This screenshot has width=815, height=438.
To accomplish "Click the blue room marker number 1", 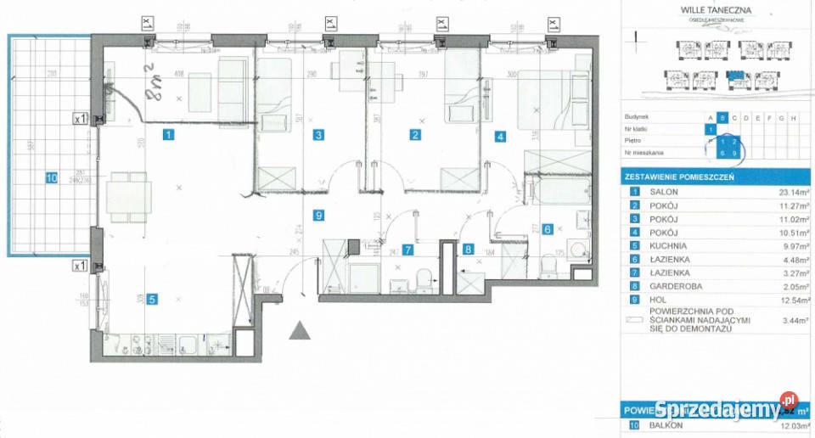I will (x=169, y=134).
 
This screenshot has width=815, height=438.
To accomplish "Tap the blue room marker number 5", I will (x=151, y=298).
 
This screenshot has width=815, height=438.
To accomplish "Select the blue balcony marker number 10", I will (x=51, y=178).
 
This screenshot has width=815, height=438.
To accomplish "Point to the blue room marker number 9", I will (x=318, y=216).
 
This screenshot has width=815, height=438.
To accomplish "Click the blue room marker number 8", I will (x=468, y=249).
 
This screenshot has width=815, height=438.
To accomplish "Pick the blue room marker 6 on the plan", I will (x=548, y=228).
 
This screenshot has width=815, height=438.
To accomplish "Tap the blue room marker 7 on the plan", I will (x=408, y=250).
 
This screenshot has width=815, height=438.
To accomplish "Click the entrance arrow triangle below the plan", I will (x=300, y=329).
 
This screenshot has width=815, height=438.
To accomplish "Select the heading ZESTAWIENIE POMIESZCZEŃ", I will (x=679, y=177).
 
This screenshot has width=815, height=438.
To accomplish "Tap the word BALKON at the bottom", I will (x=663, y=425).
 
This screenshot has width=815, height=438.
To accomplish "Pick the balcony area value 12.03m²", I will (x=782, y=425).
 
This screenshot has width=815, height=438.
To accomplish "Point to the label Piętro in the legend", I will (x=632, y=142).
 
